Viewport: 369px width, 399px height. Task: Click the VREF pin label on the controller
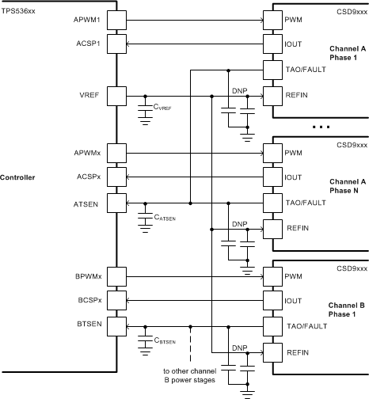coord(87,96)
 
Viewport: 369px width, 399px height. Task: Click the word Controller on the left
coord(18,177)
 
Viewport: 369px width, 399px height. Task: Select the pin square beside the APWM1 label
coord(116,17)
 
